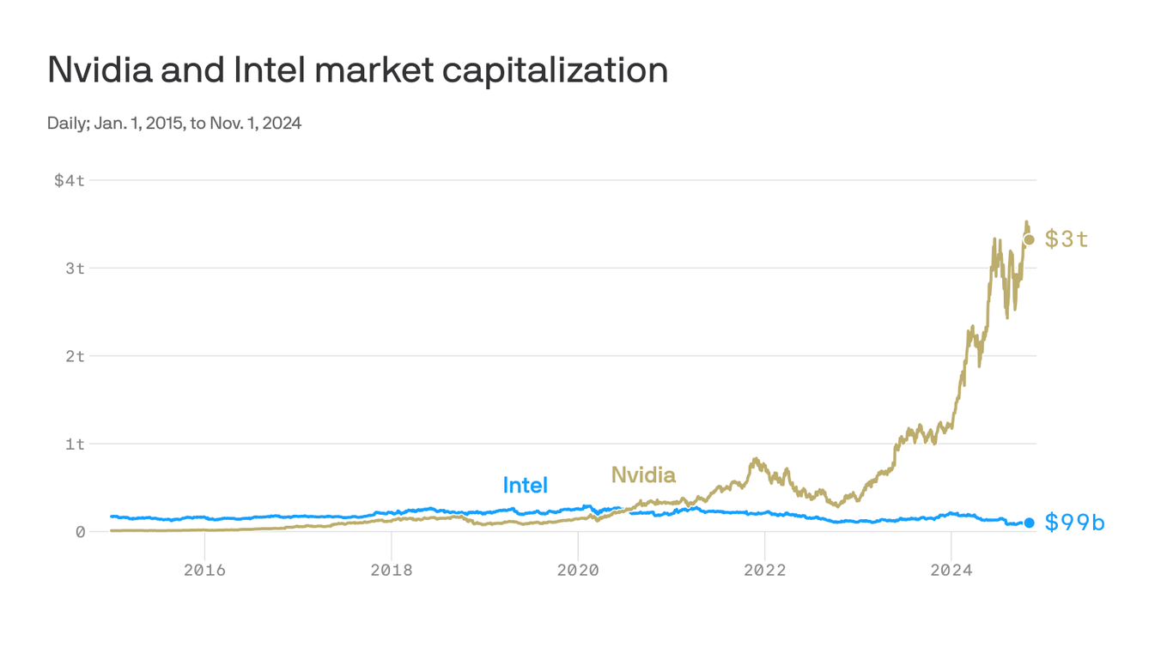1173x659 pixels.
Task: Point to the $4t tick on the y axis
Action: (x=70, y=180)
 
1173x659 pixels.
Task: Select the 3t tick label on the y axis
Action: (x=76, y=269)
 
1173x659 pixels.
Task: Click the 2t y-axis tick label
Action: (x=76, y=356)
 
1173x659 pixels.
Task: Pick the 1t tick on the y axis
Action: (x=76, y=444)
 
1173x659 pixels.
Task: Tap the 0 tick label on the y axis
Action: (x=80, y=532)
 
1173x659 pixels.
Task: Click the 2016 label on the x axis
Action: (x=204, y=571)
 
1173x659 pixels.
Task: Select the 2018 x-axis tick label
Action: (x=392, y=571)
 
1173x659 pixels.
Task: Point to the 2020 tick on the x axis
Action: (x=578, y=571)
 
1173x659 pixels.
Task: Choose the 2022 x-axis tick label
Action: (x=765, y=571)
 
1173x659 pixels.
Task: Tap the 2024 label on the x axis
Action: (x=951, y=571)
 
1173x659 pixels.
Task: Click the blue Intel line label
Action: (x=525, y=486)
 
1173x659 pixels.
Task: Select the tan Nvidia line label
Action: (x=643, y=475)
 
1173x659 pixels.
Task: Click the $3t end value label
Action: (x=1067, y=239)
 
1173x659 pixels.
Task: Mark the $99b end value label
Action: (x=1075, y=523)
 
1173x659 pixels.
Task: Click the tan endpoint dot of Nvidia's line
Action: (x=1029, y=239)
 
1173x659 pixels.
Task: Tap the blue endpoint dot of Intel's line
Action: (x=1029, y=523)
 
